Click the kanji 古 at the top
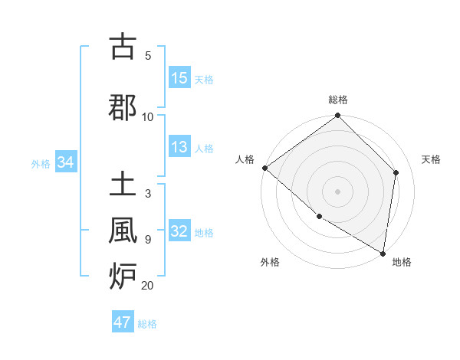122,47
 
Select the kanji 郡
122,107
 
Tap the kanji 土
122,185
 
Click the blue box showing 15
179,78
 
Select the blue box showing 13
179,148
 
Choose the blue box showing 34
65,162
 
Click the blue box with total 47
123,322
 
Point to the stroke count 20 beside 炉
147,286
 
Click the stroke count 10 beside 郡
148,116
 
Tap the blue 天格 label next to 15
204,79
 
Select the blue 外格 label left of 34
41,163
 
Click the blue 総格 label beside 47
147,323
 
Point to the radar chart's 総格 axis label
338,100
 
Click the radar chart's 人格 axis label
245,159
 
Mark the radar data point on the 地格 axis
383,253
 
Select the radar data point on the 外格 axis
319,217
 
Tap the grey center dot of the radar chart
338,191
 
